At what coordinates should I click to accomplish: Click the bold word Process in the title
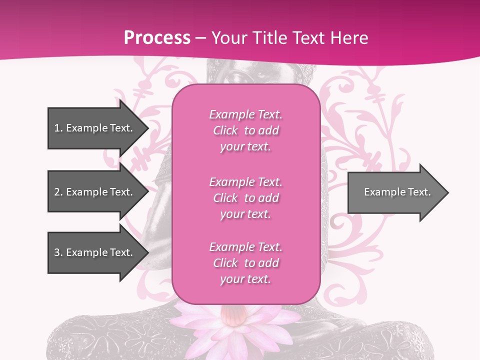pos(157,38)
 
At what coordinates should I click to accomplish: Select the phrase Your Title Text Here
pos(289,38)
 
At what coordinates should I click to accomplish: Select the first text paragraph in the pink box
pos(245,130)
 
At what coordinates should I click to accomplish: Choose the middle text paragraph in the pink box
pos(245,198)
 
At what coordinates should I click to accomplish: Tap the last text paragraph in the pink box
pos(245,263)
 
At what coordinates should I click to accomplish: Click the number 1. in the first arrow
pos(58,128)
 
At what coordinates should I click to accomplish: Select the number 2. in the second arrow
pos(58,192)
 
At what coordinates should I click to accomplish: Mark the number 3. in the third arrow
pos(58,252)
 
